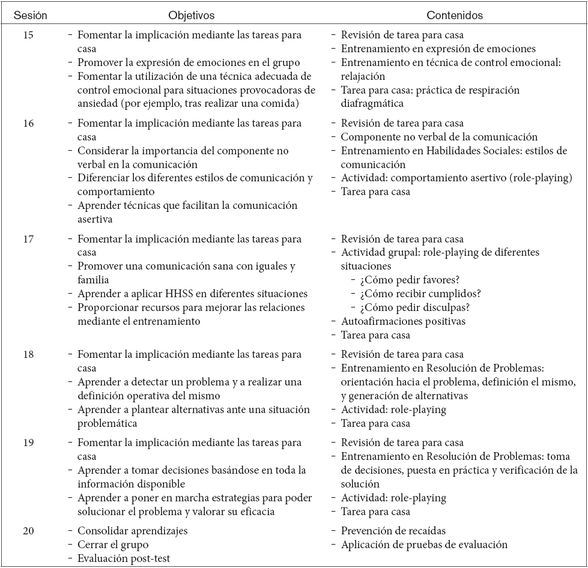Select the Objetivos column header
coord(191,16)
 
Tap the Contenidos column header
coord(454,16)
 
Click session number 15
coord(29,35)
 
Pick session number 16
coord(29,124)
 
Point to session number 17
coord(29,239)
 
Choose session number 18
coord(29,355)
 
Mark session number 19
coord(29,443)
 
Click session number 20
coord(29,531)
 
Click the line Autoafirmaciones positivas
coord(403,321)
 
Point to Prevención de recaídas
coord(393,531)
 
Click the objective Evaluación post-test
coord(124,558)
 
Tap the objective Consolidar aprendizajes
coord(132,531)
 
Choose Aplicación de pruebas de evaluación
coord(424,545)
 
